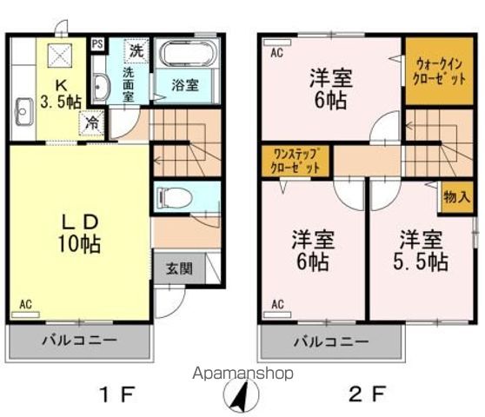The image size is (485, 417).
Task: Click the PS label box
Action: pyautogui.click(x=97, y=42)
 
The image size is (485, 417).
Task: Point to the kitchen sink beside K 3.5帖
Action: pyautogui.click(x=23, y=111)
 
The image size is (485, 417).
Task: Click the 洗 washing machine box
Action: pyautogui.click(x=136, y=50)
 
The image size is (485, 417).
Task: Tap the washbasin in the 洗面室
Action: pyautogui.click(x=101, y=87)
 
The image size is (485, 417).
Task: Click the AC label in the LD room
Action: pyautogui.click(x=25, y=304)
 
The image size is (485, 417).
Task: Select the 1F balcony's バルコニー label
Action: pyautogui.click(x=79, y=341)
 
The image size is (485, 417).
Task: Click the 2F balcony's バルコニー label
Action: pyautogui.click(x=331, y=341)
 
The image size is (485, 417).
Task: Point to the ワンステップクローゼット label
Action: pyautogui.click(x=296, y=160)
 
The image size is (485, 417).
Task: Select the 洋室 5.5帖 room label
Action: pyautogui.click(x=423, y=250)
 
